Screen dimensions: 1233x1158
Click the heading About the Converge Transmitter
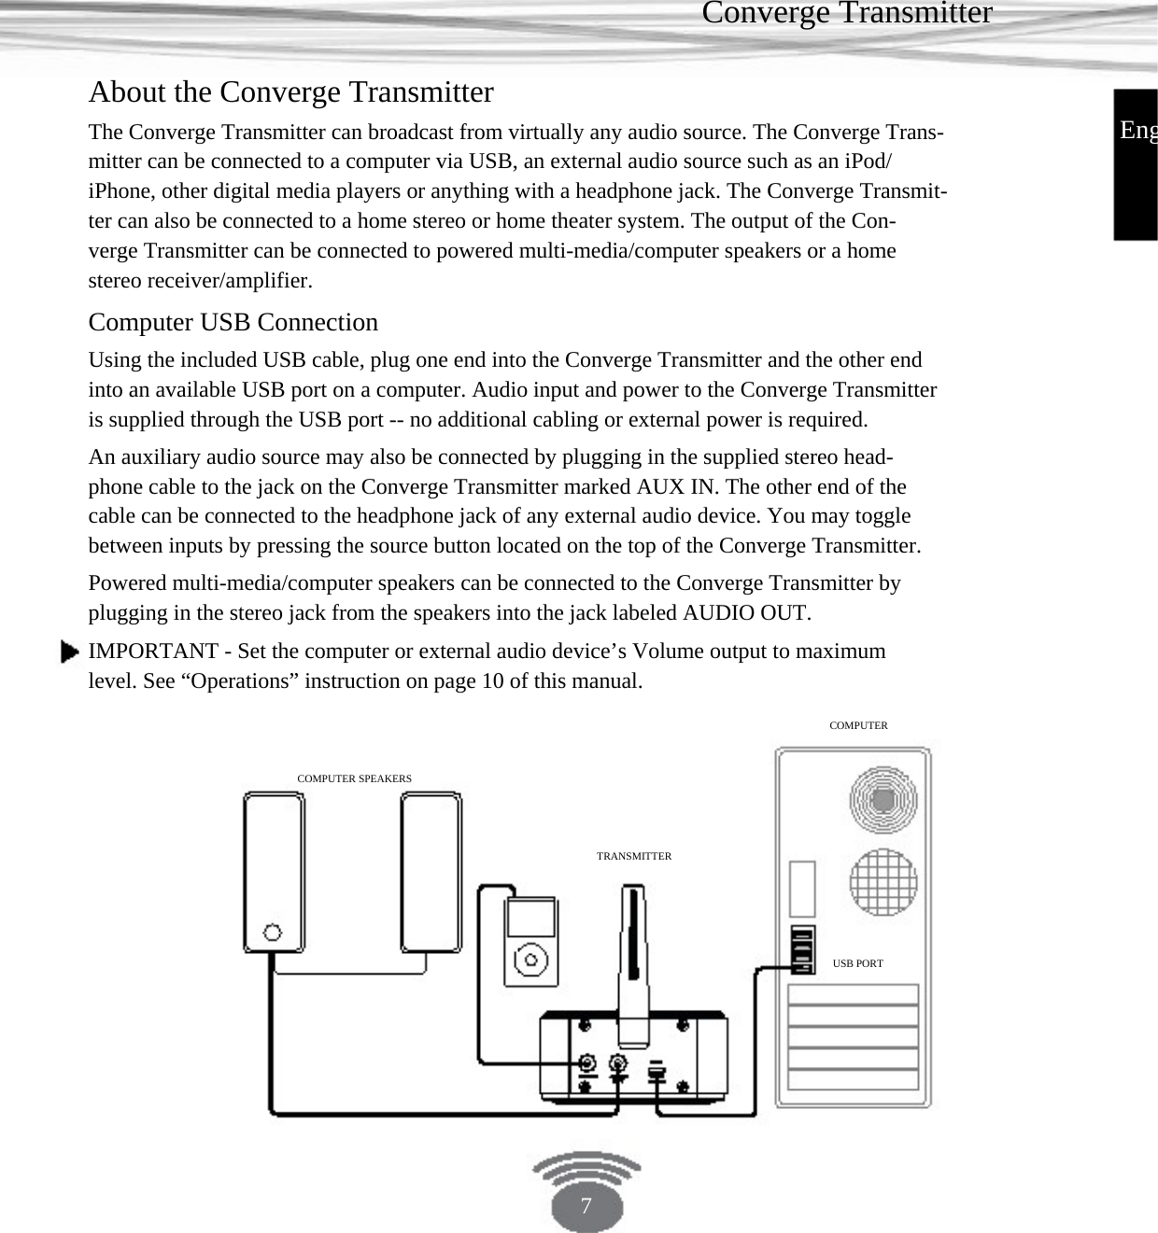[x=290, y=92]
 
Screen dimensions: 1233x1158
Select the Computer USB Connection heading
[x=233, y=322]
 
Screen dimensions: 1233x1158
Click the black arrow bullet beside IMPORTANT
[x=69, y=652]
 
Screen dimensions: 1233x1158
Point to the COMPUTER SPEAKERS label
[x=354, y=778]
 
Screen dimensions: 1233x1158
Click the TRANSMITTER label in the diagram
[x=633, y=856]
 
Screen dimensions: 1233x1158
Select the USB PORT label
[x=857, y=963]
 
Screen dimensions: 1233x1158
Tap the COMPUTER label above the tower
[x=858, y=725]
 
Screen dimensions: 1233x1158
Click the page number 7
[x=586, y=1206]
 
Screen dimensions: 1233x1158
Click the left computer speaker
[x=274, y=870]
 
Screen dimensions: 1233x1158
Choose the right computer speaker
[x=431, y=870]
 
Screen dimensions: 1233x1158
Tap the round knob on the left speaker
[x=273, y=932]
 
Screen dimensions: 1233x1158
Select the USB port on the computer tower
[x=801, y=949]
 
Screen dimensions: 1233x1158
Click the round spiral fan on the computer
[x=883, y=799]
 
